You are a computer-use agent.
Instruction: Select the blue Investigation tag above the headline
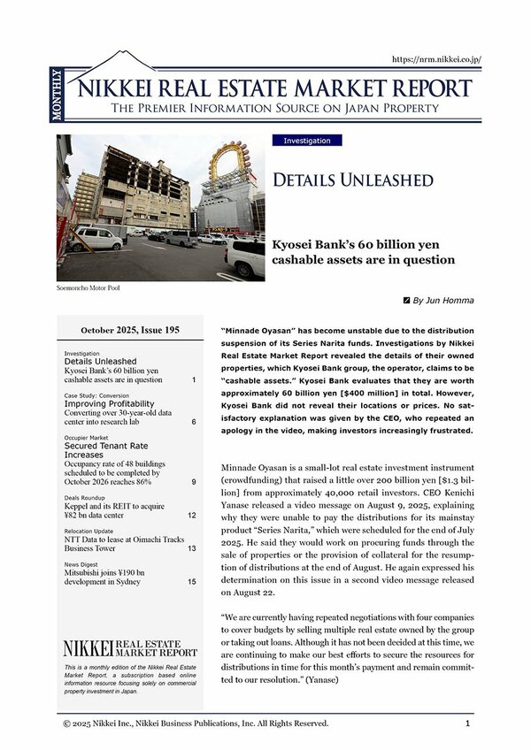[307, 141]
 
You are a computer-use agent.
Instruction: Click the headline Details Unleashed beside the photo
[353, 180]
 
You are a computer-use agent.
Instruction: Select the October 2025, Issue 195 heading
[130, 330]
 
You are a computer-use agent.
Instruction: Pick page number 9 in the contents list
[194, 482]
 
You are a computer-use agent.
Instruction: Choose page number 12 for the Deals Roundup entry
[192, 515]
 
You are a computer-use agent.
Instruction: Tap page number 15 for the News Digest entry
[192, 582]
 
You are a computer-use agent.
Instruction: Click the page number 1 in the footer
[467, 723]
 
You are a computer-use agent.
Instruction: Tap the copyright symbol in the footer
[66, 723]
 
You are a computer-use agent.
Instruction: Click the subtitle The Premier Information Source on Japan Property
[274, 109]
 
